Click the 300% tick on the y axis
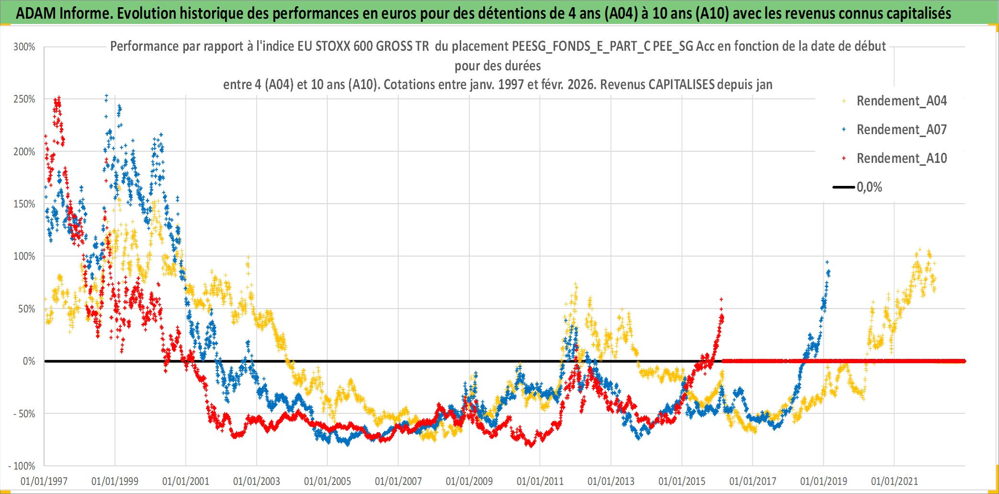click(x=24, y=47)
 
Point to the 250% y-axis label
click(x=24, y=99)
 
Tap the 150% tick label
click(x=24, y=204)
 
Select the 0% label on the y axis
click(x=29, y=361)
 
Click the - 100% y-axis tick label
click(x=22, y=466)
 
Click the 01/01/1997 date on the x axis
click(x=44, y=481)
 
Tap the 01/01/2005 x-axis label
click(x=328, y=481)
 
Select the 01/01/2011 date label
click(x=540, y=481)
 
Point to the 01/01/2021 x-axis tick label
click(x=895, y=481)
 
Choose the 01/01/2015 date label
click(x=682, y=481)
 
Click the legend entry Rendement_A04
click(x=901, y=101)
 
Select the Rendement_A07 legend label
click(x=901, y=130)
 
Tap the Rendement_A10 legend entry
click(x=901, y=159)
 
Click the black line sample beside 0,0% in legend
click(x=843, y=187)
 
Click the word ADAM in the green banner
click(x=36, y=13)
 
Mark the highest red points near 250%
click(x=58, y=99)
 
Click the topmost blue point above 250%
click(x=106, y=96)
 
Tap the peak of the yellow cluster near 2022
click(x=919, y=250)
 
